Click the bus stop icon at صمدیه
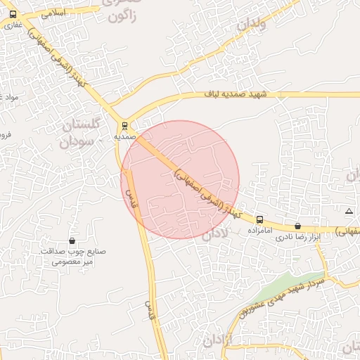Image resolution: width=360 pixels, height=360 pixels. click(x=124, y=127)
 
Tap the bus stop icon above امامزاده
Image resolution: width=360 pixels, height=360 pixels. click(x=259, y=220)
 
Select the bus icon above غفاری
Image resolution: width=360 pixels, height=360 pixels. click(x=13, y=14)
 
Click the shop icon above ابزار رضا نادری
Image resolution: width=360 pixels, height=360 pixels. click(x=297, y=226)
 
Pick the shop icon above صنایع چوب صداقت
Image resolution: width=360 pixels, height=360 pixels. click(x=72, y=240)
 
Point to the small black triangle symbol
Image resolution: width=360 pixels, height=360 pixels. click(x=349, y=211)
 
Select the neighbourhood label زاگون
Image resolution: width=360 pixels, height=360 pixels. click(x=127, y=14)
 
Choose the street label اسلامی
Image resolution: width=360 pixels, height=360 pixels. click(x=53, y=13)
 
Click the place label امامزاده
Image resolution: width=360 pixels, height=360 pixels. click(x=259, y=230)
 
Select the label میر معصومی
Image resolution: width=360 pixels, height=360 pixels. click(x=72, y=262)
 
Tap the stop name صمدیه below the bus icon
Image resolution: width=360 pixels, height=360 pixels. click(x=124, y=137)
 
